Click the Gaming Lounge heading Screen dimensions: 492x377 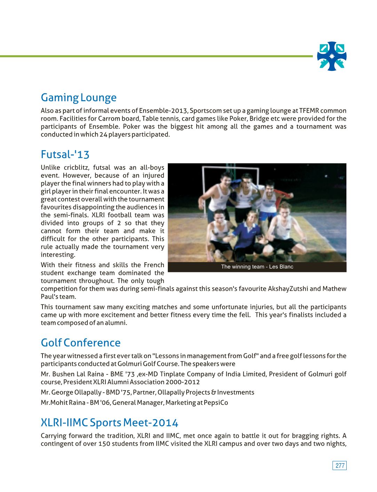pyautogui.click(x=78, y=98)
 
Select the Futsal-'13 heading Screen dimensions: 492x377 pyautogui.click(x=65, y=154)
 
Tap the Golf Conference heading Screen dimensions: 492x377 pyautogui.click(x=80, y=343)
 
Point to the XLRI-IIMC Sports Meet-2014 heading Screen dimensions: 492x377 pyautogui.click(x=109, y=423)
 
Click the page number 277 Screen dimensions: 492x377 pyautogui.click(x=339, y=466)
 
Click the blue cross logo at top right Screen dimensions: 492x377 pyautogui.click(x=331, y=56)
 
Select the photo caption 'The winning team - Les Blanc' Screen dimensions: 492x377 pyautogui.click(x=257, y=267)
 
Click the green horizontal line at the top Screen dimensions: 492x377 pyautogui.click(x=157, y=56)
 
